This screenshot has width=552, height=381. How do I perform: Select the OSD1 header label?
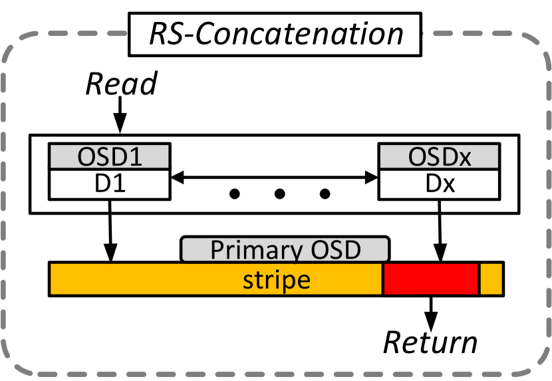[x=109, y=158]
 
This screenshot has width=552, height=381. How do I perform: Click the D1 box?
[x=109, y=184]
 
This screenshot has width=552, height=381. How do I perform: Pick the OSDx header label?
[x=438, y=158]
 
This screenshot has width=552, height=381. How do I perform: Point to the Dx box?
[x=438, y=184]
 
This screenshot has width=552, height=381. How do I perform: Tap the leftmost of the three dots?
[x=233, y=194]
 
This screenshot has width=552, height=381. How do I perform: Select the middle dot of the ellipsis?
[x=279, y=194]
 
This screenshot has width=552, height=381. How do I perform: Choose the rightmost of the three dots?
[x=325, y=194]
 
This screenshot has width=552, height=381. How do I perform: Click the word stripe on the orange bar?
[x=276, y=279]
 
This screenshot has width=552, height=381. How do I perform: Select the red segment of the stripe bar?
[x=431, y=279]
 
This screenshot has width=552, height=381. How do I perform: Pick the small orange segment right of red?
[x=491, y=279]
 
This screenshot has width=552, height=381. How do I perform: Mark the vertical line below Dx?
[x=438, y=205]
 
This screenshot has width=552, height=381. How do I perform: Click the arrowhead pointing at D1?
[x=176, y=178]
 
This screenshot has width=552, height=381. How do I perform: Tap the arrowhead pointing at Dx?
[x=372, y=178]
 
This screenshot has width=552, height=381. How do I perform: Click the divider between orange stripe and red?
[x=383, y=279]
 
